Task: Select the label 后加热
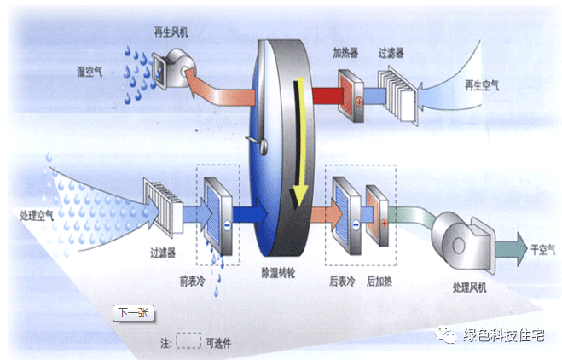[382, 278]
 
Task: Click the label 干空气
[542, 250]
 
